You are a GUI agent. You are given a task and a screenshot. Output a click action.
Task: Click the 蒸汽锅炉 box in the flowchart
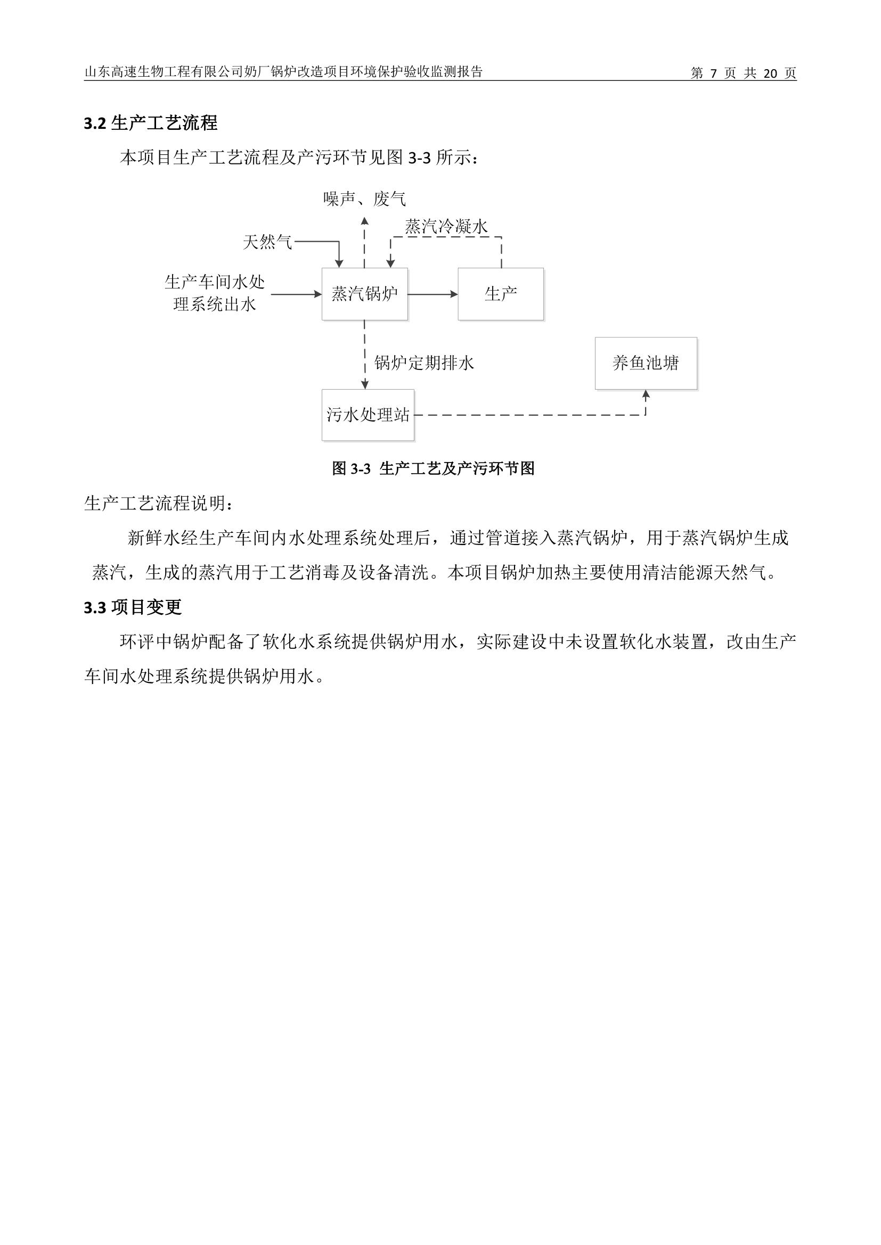pos(364,294)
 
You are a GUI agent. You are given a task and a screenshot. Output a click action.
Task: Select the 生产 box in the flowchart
pos(501,294)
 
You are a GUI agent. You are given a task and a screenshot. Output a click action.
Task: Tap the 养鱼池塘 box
pos(646,364)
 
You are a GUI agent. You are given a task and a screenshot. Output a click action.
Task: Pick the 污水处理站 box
pos(368,415)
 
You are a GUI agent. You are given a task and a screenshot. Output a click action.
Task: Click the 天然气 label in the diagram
pos(267,242)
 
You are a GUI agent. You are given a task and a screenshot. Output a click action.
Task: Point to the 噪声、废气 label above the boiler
pos(364,199)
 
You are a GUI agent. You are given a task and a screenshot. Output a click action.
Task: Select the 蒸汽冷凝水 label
pos(446,226)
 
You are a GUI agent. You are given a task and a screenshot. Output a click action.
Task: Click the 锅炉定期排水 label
pos(424,363)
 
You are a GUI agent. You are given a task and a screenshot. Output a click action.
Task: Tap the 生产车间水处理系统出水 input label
pos(215,293)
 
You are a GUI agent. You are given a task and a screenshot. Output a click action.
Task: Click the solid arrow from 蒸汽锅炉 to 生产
pos(433,294)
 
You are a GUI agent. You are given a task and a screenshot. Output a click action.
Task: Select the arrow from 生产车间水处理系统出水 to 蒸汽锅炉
pos(297,294)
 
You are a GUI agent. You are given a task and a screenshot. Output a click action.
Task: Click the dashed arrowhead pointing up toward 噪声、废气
pos(364,221)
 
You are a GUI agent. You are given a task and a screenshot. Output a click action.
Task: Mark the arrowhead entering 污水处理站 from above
pos(364,385)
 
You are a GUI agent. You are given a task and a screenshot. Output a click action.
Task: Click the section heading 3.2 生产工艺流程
pos(151,123)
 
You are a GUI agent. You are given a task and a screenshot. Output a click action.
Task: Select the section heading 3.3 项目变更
pos(133,607)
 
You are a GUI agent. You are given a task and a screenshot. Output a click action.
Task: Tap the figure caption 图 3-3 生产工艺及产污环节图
pos(434,468)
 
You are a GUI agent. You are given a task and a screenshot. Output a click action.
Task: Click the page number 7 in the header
pos(713,73)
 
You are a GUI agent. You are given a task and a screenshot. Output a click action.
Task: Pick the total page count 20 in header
pos(770,73)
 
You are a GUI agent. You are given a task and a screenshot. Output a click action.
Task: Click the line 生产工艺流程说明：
pos(159,503)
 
